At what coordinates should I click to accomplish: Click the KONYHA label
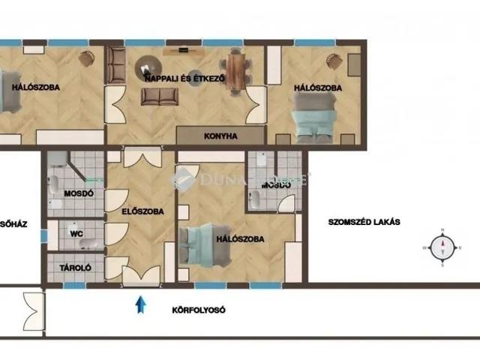tap(220, 136)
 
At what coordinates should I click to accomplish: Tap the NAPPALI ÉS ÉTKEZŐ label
tap(184, 76)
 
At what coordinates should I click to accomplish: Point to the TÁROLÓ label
tap(75, 266)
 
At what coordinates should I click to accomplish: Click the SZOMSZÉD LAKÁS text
tap(364, 222)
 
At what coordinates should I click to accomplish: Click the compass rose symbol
tap(442, 247)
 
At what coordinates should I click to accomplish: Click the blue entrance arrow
tap(139, 304)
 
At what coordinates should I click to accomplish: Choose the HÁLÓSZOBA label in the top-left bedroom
tap(35, 87)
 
